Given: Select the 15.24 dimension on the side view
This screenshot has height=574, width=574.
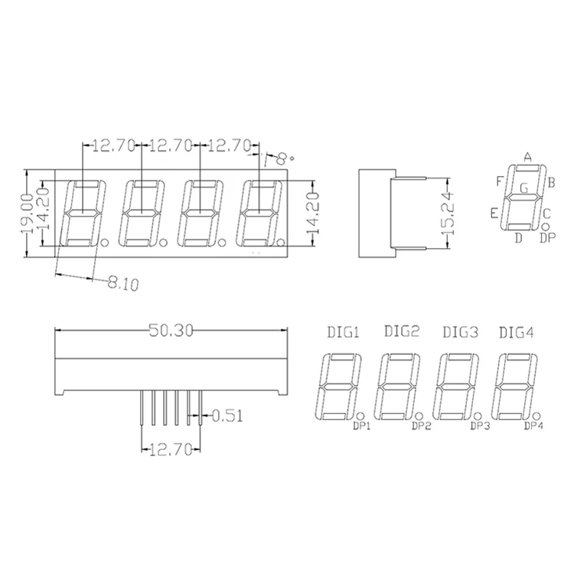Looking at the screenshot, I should pyautogui.click(x=449, y=214).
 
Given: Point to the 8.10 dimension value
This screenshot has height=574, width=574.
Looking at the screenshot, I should pyautogui.click(x=122, y=285).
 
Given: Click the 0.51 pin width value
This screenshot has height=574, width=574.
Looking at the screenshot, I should pyautogui.click(x=227, y=416).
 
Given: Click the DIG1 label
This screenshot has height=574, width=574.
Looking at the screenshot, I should pyautogui.click(x=343, y=332).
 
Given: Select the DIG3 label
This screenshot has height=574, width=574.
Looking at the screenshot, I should pyautogui.click(x=461, y=332).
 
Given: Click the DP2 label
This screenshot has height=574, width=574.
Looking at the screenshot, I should pyautogui.click(x=422, y=426).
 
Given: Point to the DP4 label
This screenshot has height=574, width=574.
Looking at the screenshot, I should pyautogui.click(x=534, y=426).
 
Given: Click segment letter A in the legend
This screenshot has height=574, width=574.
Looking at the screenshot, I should pyautogui.click(x=527, y=157).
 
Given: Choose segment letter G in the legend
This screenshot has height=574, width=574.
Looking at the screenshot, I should pyautogui.click(x=523, y=187).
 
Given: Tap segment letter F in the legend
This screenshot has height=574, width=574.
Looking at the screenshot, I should pyautogui.click(x=500, y=181).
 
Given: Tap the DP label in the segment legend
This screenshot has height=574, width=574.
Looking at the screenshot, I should pyautogui.click(x=547, y=239).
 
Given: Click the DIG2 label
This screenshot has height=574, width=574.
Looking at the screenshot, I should pyautogui.click(x=402, y=332).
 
